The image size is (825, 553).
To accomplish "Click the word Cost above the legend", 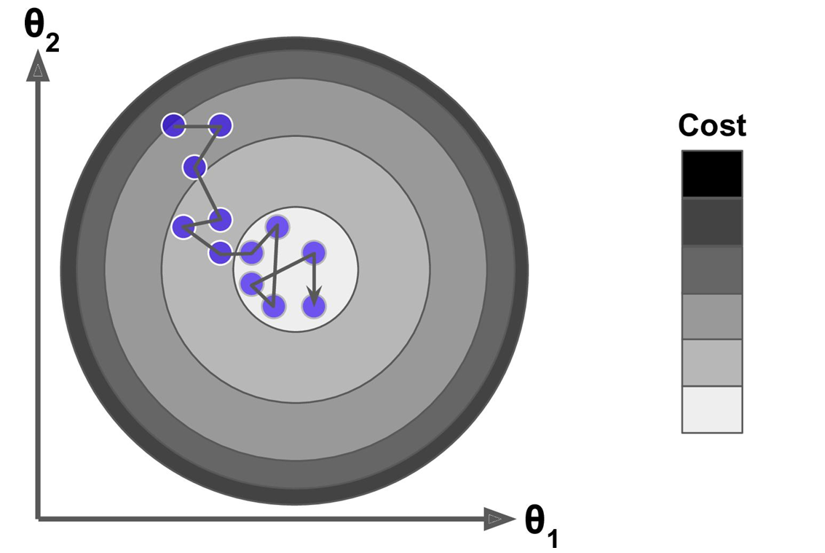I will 711,125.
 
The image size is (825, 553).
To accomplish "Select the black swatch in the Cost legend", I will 711,173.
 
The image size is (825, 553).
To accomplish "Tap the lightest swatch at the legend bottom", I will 711,409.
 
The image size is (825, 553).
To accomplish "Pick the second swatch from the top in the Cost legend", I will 711,221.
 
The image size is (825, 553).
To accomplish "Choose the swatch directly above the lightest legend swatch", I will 711,362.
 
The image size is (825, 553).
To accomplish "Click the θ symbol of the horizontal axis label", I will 536,518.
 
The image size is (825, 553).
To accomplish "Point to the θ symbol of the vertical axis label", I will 35,26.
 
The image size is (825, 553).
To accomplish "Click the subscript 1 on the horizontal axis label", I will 553,539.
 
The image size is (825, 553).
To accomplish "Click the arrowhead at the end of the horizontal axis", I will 498,519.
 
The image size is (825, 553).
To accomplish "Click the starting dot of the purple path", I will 173,125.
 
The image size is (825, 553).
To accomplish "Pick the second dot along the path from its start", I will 220,125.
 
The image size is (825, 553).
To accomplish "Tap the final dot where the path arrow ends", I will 314,307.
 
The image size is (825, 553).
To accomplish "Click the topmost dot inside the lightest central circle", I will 277,227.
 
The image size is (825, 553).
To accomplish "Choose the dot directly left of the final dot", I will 274,307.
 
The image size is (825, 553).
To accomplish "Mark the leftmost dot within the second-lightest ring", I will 183,227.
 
